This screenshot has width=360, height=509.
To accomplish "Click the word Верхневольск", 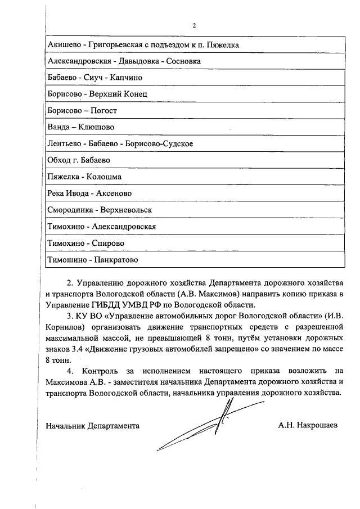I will pyautogui.click(x=127, y=210).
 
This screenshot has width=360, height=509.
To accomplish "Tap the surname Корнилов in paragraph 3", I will pyautogui.click(x=64, y=326).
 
